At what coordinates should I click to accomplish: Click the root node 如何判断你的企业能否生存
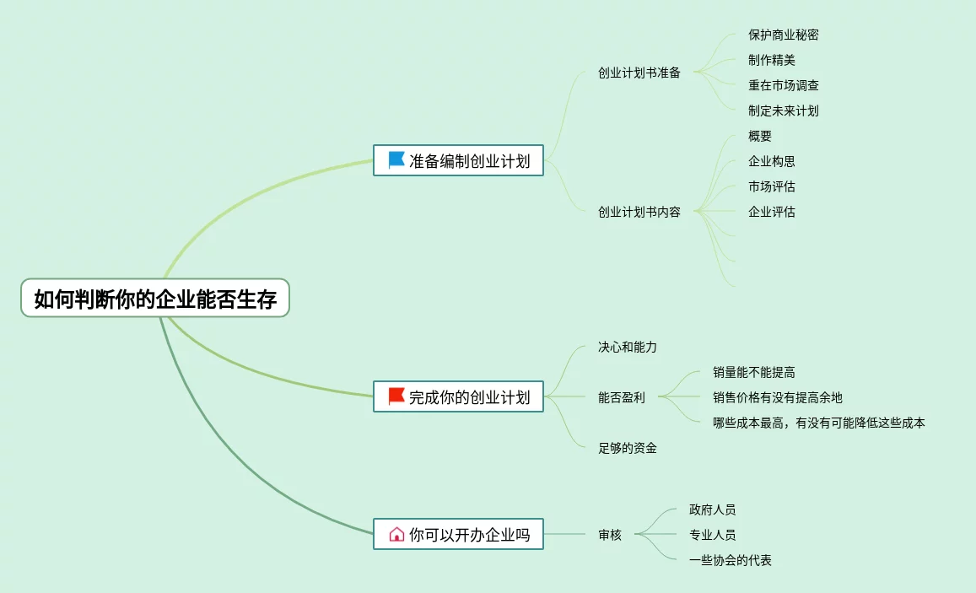click(x=155, y=299)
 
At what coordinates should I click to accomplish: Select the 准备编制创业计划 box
click(x=458, y=160)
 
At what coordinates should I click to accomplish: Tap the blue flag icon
click(x=396, y=159)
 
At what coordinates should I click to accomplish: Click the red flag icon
click(x=396, y=396)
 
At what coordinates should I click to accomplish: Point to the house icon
click(x=396, y=534)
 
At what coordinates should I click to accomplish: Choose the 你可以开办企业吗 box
click(x=458, y=534)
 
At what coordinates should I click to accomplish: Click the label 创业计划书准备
click(x=639, y=73)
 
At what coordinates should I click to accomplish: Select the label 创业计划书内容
click(x=639, y=212)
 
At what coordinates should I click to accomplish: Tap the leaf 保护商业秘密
click(x=783, y=35)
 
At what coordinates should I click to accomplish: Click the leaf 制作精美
click(x=771, y=60)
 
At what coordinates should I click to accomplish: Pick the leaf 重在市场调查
click(x=783, y=85)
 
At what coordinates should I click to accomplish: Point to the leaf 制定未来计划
click(x=783, y=111)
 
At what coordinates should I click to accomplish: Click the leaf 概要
click(x=759, y=136)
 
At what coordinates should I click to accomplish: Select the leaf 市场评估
click(x=771, y=186)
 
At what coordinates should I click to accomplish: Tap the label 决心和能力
click(x=627, y=347)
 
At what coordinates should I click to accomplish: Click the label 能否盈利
click(x=621, y=397)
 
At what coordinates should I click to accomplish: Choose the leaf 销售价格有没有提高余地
click(x=777, y=397)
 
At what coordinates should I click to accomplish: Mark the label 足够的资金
click(x=627, y=448)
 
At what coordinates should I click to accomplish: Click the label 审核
click(x=609, y=535)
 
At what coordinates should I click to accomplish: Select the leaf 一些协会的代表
click(x=730, y=560)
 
